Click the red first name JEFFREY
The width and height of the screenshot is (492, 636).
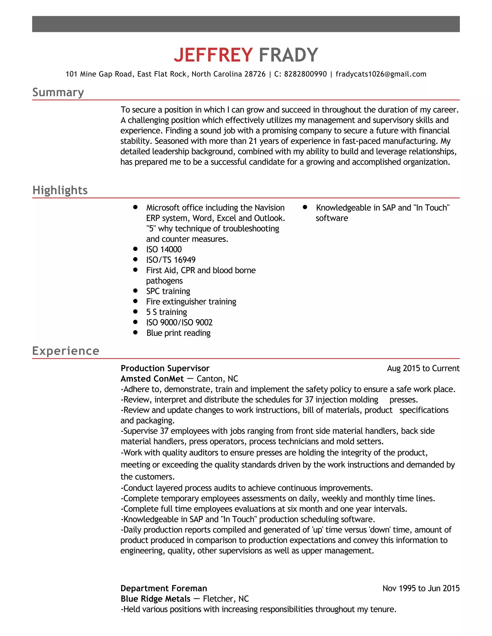click(213, 55)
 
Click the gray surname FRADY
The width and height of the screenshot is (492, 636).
click(288, 55)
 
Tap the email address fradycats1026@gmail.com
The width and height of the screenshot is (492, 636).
click(381, 74)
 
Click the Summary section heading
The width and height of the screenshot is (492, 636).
click(58, 92)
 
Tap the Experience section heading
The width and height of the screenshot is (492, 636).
click(66, 351)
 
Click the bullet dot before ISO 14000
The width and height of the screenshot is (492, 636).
click(135, 249)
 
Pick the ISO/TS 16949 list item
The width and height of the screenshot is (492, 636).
click(171, 260)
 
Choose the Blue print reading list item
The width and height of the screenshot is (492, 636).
click(178, 333)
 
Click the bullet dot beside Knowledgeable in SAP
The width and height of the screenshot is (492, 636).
click(305, 207)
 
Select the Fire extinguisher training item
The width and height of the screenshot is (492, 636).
click(191, 301)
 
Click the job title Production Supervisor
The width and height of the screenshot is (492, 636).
click(165, 368)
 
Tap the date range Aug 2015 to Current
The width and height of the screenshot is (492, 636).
click(423, 368)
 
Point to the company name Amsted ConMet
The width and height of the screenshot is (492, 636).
click(152, 379)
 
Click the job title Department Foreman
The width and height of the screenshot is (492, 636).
click(164, 588)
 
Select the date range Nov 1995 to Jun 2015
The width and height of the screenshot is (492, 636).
click(421, 588)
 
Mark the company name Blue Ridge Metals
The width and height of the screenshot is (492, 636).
click(155, 599)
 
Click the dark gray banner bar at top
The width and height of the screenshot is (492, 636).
click(246, 24)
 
